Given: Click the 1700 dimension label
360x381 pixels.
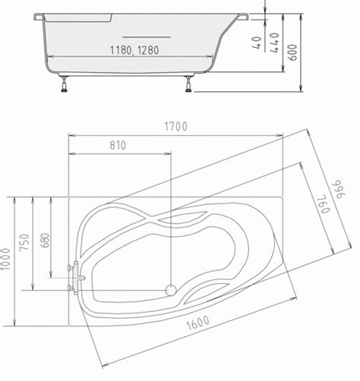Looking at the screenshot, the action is click(176, 127).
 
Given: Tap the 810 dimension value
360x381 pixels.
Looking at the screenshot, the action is click(118, 146).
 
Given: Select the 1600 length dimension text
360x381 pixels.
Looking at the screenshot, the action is click(198, 323).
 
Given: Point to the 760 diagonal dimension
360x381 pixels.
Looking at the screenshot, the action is click(324, 204).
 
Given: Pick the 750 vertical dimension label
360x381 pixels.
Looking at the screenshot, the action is click(24, 242).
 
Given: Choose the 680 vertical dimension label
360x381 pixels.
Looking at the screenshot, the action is click(45, 241).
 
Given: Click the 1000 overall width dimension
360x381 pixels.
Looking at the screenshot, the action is click(5, 259).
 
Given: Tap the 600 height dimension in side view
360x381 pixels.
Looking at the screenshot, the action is click(292, 52).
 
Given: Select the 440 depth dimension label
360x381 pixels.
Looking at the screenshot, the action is click(274, 43).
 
